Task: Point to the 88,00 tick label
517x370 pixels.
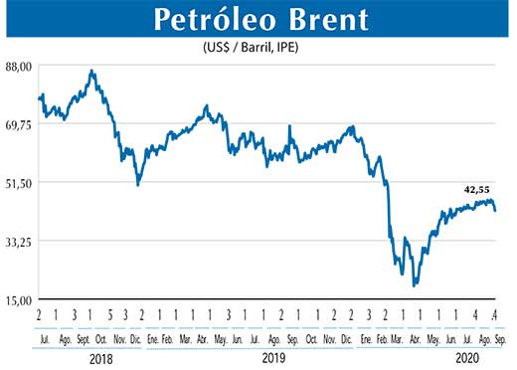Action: click(x=20, y=66)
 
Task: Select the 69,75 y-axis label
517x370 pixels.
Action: click(x=20, y=124)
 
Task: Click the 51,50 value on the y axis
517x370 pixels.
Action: click(x=20, y=183)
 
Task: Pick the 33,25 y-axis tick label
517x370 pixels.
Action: click(x=20, y=242)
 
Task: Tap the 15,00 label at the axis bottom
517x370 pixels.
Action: click(x=20, y=299)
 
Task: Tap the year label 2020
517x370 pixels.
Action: click(x=467, y=356)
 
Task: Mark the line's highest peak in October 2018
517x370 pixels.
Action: click(x=91, y=71)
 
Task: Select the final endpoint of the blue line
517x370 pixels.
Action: click(x=495, y=210)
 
